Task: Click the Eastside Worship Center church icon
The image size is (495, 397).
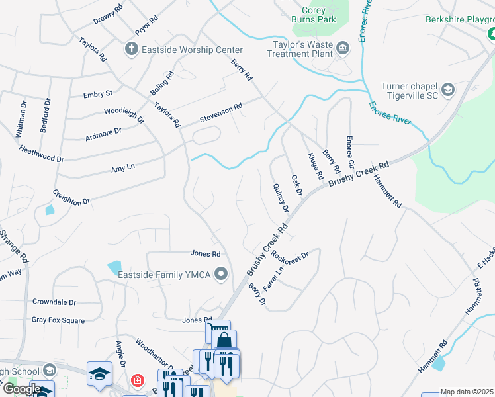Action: (130, 49)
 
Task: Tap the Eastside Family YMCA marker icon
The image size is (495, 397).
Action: (221, 274)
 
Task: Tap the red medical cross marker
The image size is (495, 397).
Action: (137, 381)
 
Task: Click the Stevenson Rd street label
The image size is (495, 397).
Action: (222, 113)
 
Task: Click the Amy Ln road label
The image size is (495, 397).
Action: (123, 168)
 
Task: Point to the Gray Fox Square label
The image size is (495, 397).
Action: (58, 320)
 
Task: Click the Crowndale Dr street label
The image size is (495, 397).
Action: (54, 302)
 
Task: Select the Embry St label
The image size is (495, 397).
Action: (98, 95)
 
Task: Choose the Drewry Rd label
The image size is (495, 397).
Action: (108, 15)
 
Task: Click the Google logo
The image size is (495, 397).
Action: (21, 388)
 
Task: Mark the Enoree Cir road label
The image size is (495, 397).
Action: (351, 153)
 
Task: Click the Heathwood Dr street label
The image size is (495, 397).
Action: (41, 155)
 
